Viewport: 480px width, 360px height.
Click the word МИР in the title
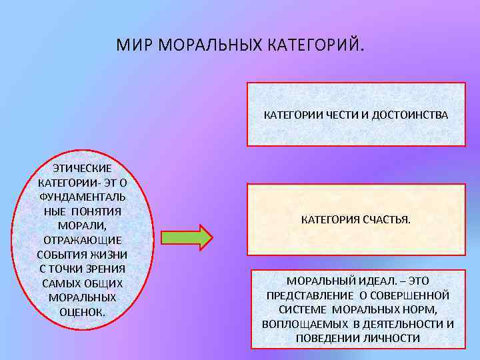[x=130, y=45]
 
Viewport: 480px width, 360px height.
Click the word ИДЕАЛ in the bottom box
[x=372, y=281]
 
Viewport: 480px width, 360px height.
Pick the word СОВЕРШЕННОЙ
[x=411, y=295]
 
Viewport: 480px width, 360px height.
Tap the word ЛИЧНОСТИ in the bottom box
[x=392, y=339]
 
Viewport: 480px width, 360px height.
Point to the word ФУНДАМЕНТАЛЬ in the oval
[x=83, y=196]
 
